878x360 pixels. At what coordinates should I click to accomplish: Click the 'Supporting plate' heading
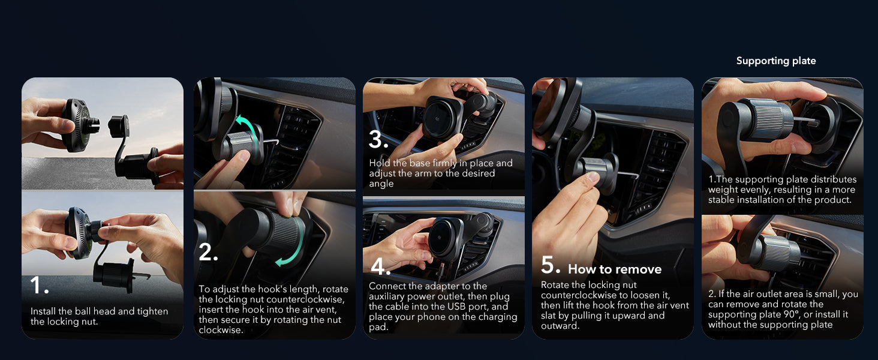click(x=776, y=61)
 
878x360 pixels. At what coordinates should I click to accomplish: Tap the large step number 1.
click(x=40, y=285)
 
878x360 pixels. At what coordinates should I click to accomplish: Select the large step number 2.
click(x=208, y=252)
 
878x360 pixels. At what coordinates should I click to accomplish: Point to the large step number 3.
click(x=378, y=140)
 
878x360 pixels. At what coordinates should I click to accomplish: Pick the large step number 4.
click(x=381, y=266)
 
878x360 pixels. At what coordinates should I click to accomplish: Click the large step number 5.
click(x=551, y=265)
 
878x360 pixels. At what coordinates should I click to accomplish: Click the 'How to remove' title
click(x=615, y=269)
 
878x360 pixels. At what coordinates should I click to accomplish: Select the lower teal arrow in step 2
click(x=291, y=242)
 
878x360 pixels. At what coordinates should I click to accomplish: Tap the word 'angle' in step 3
click(x=381, y=184)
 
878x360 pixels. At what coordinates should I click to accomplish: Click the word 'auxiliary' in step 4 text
click(x=385, y=296)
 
